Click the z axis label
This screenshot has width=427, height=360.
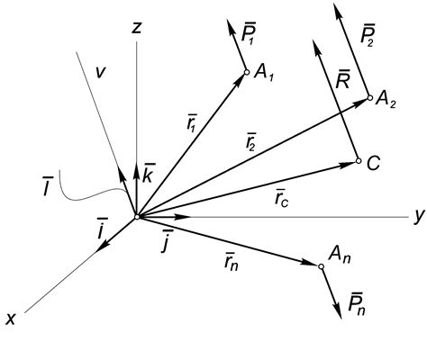pos(137,28)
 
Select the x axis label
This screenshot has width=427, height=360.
pos(11,318)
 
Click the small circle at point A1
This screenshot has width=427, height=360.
pos(245,73)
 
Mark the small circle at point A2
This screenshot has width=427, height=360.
pos(368,99)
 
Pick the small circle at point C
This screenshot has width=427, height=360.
pos(358,161)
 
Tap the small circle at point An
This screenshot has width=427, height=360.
pos(321,265)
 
